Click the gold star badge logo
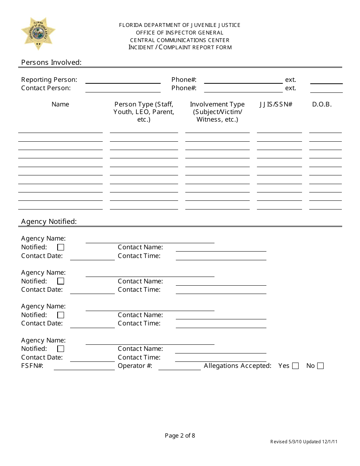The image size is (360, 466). (x=38, y=33)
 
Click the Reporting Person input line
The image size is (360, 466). (x=123, y=80)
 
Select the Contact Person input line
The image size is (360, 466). (x=123, y=89)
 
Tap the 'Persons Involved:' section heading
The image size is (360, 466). (x=51, y=63)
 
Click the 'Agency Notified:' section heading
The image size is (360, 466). (x=49, y=222)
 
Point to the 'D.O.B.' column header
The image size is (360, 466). (x=322, y=105)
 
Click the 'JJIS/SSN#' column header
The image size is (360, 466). (x=276, y=105)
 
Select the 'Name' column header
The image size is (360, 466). (x=60, y=105)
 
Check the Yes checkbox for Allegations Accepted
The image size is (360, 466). (x=296, y=366)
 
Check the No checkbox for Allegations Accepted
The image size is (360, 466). (x=321, y=366)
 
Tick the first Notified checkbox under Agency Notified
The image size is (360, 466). (x=61, y=247)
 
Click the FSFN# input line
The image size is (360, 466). (x=84, y=367)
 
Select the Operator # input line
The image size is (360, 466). (x=179, y=367)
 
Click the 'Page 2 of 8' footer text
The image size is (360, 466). (x=180, y=436)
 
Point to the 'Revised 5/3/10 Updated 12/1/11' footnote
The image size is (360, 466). (x=304, y=442)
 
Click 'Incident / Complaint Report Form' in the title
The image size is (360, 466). (x=180, y=47)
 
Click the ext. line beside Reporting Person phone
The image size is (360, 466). (x=326, y=81)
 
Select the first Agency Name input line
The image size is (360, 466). (x=150, y=240)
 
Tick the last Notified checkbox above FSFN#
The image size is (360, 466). (x=61, y=349)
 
